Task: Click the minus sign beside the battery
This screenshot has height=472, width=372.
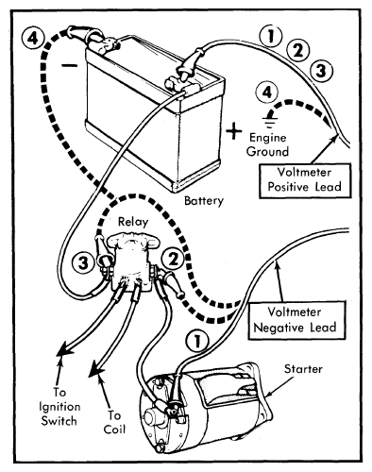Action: click(69, 65)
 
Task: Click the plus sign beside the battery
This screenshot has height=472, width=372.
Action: click(233, 130)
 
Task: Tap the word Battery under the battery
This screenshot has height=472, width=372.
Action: click(204, 201)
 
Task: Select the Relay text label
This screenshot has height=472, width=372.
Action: click(133, 222)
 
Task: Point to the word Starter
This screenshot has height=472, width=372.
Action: click(303, 369)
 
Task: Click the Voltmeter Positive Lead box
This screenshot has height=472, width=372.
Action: click(305, 180)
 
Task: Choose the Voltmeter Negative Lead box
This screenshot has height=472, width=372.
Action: click(295, 320)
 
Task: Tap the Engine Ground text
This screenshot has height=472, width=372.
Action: click(267, 144)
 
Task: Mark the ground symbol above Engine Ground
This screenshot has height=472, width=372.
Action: click(269, 120)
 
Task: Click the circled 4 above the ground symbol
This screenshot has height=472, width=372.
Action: click(267, 93)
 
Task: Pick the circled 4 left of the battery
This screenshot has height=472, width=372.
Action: click(33, 40)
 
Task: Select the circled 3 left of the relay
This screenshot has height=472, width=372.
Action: click(83, 262)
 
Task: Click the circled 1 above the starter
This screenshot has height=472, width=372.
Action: click(197, 341)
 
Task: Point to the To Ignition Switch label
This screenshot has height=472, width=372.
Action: click(59, 407)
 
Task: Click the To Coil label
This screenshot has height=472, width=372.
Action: click(114, 422)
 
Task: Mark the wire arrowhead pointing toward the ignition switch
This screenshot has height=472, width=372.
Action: click(64, 348)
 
